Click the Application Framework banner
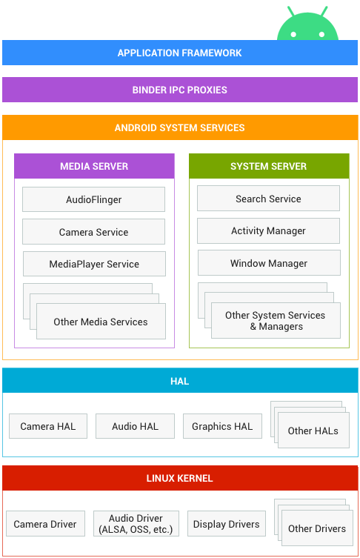[x=180, y=53]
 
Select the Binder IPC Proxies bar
[x=180, y=90]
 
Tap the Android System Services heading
[x=180, y=127]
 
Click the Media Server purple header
[x=94, y=166]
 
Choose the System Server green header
[x=269, y=166]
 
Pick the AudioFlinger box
[x=93, y=199]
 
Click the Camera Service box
[x=93, y=232]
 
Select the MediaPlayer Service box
[x=94, y=264]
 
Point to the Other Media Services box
[x=101, y=322]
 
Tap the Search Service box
[x=269, y=198]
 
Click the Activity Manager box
[x=269, y=230]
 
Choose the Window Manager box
[x=270, y=263]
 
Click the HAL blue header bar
[x=180, y=381]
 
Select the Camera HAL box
[x=48, y=426]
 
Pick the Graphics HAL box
[x=222, y=426]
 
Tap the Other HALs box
[x=313, y=431]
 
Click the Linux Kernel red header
[x=180, y=478]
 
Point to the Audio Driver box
[x=136, y=523]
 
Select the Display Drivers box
[x=226, y=523]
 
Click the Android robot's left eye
[x=293, y=35]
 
